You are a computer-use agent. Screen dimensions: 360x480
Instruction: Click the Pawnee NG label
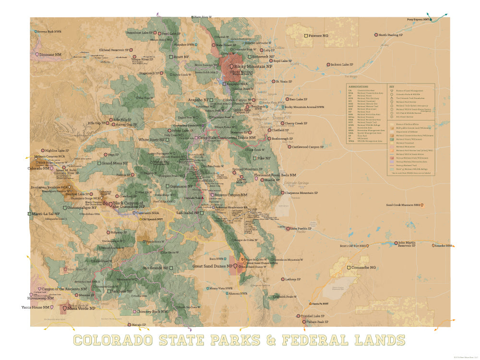coord(319,36)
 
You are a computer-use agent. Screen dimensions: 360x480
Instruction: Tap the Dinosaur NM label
coord(50,55)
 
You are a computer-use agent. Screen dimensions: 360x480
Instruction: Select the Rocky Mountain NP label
coord(253,66)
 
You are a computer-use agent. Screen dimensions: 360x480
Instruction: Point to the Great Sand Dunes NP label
coord(213,266)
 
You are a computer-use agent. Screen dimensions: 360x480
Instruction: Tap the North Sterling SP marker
coord(377,35)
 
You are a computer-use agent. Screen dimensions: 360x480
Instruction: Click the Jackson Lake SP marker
coord(328,64)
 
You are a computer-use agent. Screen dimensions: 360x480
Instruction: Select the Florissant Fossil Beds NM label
coord(275,175)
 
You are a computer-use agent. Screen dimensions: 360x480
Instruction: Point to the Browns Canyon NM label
coord(231,195)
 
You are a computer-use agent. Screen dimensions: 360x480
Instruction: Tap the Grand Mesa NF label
coord(114,163)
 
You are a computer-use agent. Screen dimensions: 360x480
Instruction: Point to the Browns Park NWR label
coord(49,32)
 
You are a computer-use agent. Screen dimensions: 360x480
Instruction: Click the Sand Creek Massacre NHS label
coord(403,205)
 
